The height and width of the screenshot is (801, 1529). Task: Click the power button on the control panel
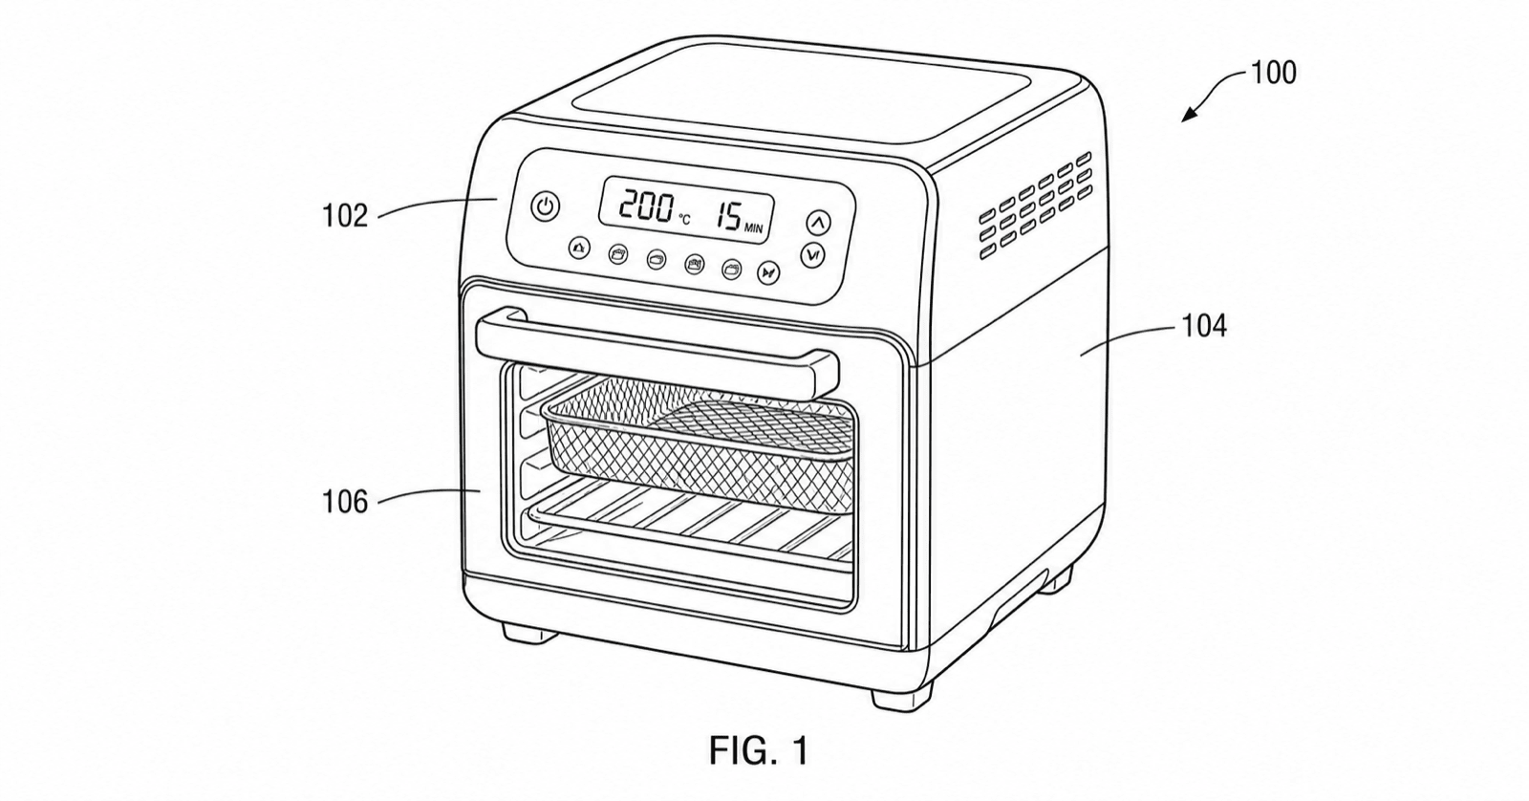pos(546,206)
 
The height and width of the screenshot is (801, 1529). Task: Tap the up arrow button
pos(818,223)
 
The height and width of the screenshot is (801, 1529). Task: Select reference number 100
pos(1273,73)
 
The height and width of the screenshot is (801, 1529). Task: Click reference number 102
pos(345,216)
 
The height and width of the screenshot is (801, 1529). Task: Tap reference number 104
pos(1204,326)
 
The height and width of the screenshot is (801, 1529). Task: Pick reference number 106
pos(345,502)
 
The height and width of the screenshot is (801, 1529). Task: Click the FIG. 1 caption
pos(759,750)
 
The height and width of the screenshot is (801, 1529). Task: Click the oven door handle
pos(656,352)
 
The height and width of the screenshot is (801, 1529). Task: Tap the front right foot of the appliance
pos(900,698)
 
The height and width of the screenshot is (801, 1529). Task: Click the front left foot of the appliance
pos(529,632)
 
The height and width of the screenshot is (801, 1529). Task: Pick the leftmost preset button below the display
pos(579,249)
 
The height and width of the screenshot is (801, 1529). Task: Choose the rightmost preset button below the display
pos(768,273)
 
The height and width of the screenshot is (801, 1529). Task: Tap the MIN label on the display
pos(754,228)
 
